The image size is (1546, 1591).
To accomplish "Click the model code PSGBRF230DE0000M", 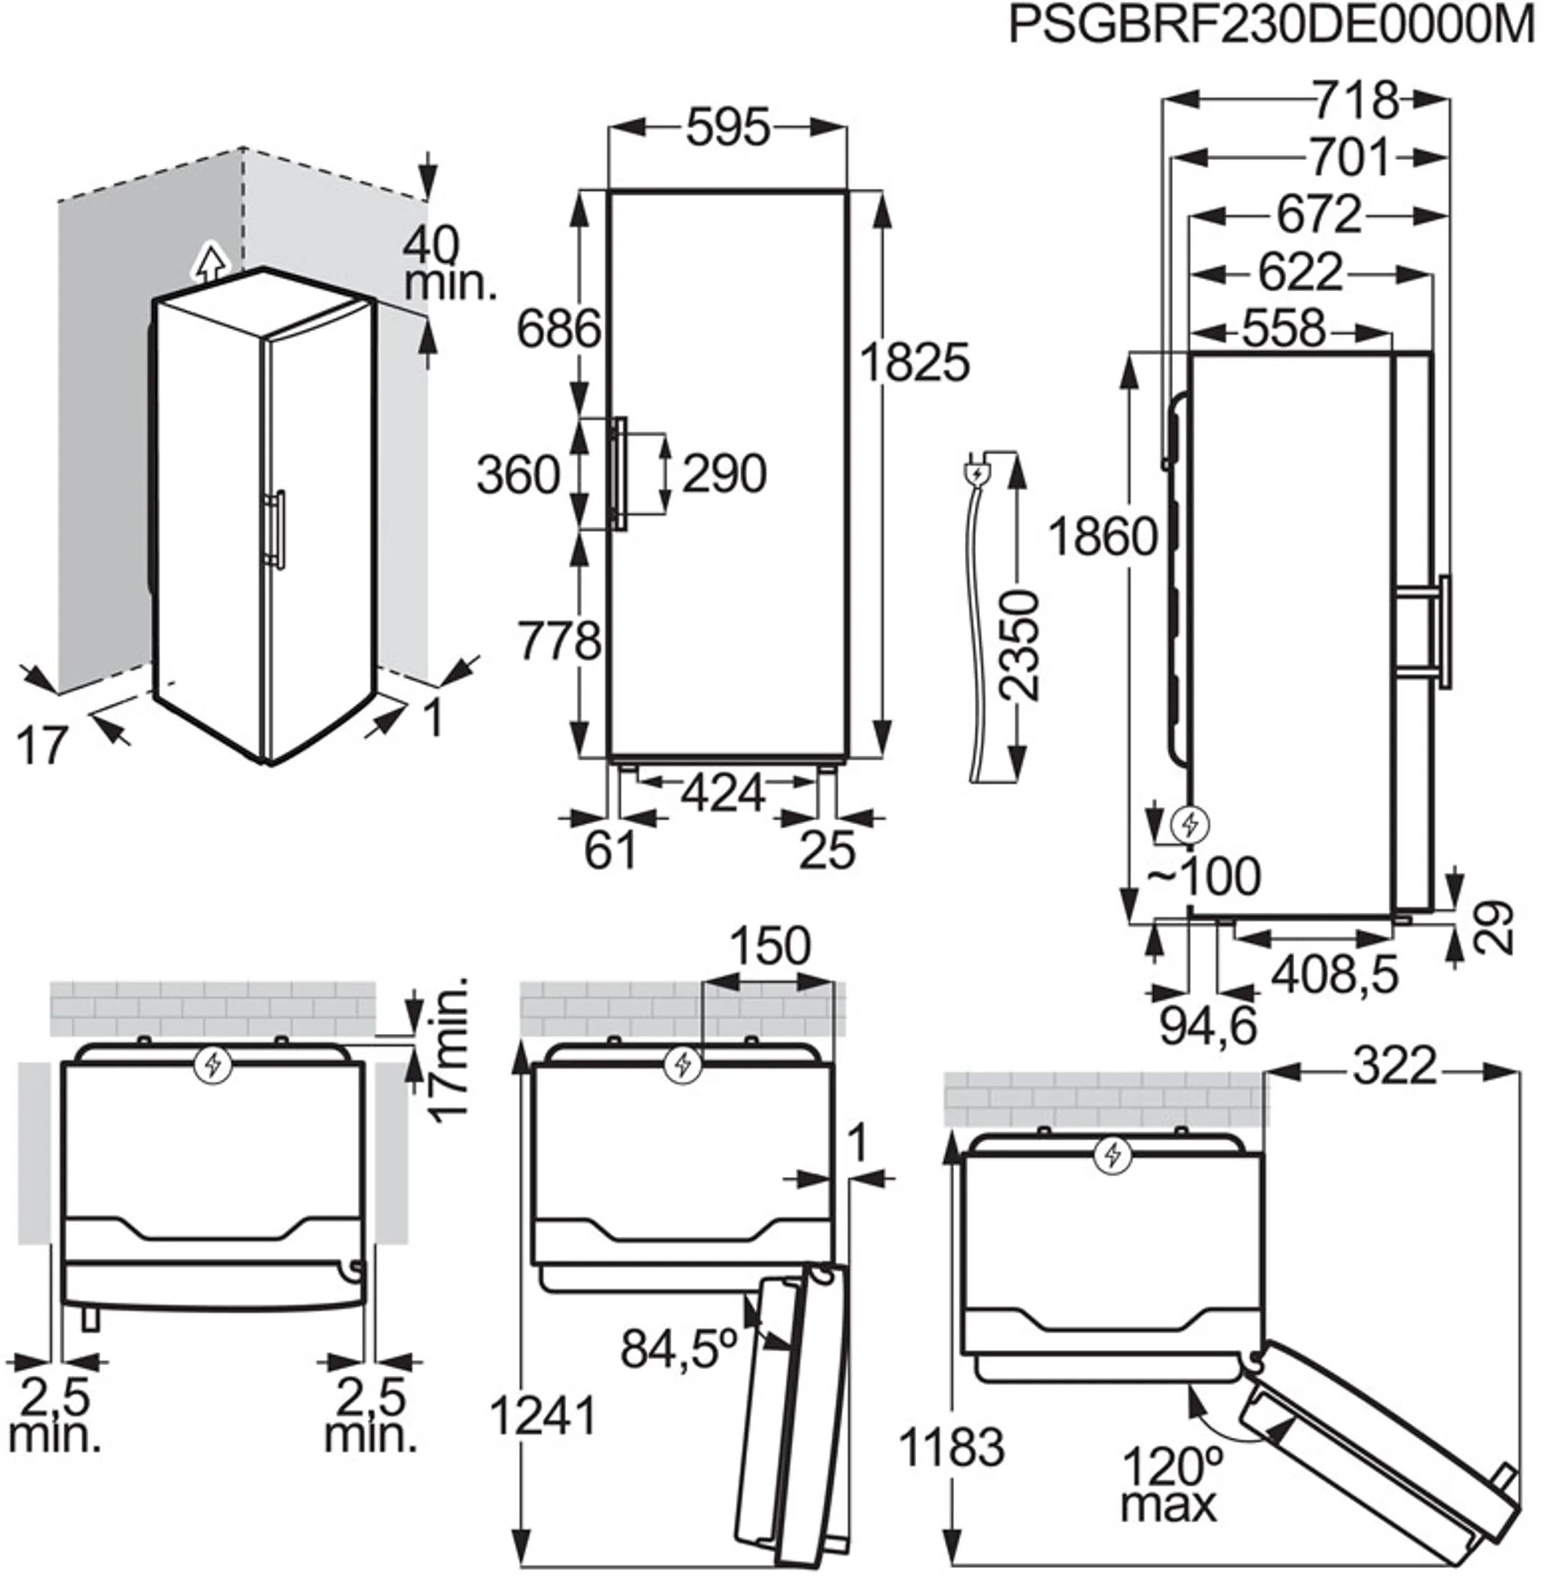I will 1272,26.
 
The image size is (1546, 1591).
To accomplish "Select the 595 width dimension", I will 726,127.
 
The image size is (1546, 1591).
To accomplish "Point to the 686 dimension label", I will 560,329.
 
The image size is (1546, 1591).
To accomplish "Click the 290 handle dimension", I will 724,474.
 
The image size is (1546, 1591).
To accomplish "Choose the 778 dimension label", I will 560,640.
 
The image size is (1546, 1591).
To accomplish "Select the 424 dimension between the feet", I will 723,793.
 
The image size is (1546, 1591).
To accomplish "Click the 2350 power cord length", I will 1018,645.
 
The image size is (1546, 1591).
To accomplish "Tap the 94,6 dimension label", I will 1207,1025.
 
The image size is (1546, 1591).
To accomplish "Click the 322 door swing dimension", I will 1394,1067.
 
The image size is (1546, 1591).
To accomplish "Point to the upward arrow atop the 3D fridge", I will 210,261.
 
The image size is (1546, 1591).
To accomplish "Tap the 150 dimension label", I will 769,946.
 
